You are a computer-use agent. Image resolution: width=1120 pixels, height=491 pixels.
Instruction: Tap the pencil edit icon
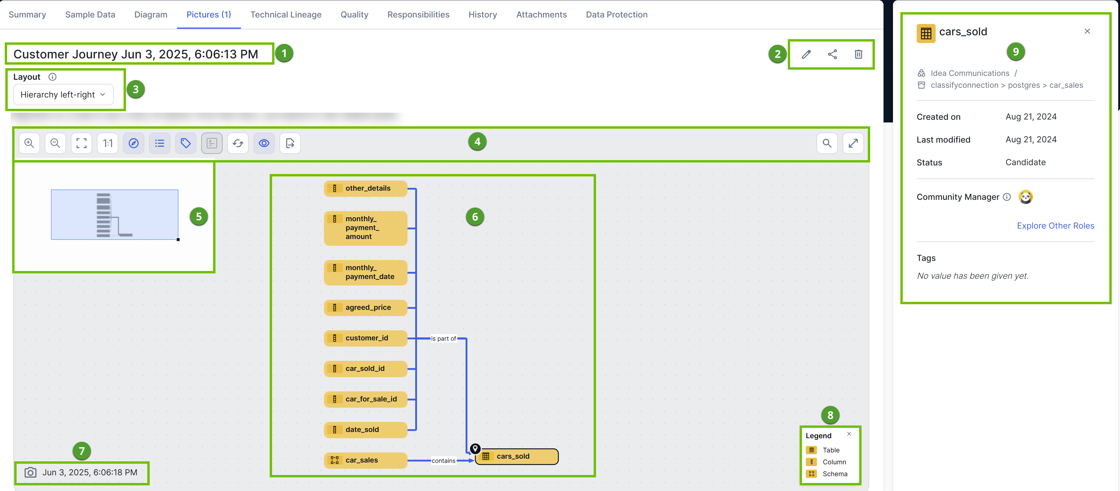806,54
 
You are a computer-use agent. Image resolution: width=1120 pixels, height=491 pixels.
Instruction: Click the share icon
832,54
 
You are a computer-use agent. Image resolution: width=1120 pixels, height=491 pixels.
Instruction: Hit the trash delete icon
858,54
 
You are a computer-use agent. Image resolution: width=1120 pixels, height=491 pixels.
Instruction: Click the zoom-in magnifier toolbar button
29,143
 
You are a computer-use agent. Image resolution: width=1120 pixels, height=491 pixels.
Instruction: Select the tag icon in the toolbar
186,143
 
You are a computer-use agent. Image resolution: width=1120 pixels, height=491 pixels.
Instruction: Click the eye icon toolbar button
264,143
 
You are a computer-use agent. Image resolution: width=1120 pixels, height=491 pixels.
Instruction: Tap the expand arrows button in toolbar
853,143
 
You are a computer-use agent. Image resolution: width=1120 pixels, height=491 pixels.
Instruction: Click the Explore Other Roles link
1055,226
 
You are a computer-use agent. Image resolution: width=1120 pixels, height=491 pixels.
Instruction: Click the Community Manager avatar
1025,197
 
